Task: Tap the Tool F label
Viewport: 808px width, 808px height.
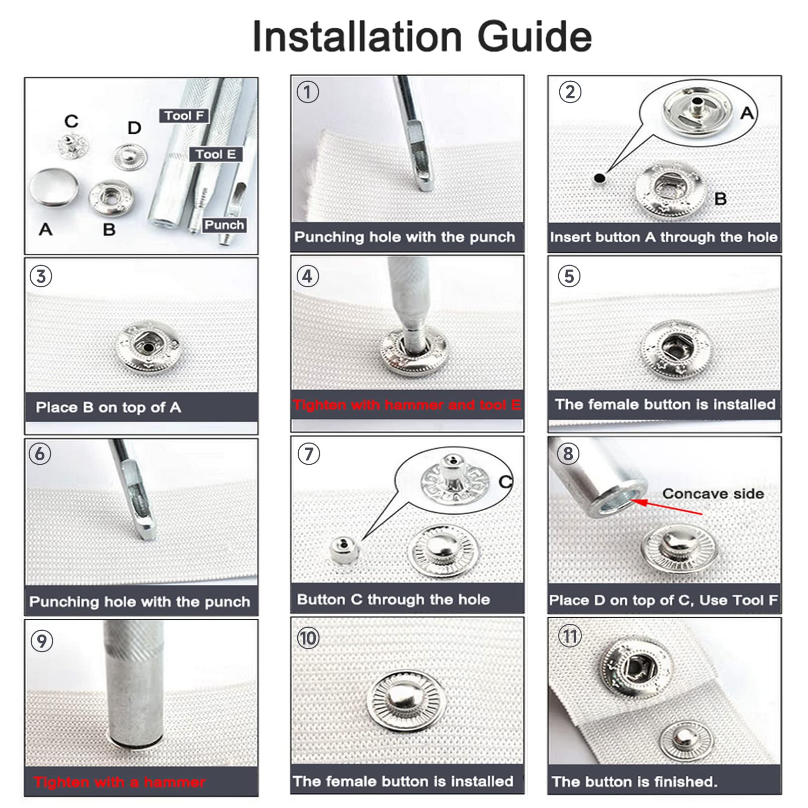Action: click(x=184, y=116)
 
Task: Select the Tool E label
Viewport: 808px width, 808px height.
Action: click(x=216, y=154)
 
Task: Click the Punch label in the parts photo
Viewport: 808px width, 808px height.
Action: click(x=224, y=225)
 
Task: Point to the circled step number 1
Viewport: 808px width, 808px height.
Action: click(x=308, y=92)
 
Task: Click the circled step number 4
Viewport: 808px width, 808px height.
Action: click(x=307, y=276)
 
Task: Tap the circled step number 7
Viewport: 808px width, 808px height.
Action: click(x=309, y=454)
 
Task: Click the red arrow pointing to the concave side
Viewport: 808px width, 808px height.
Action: click(x=666, y=508)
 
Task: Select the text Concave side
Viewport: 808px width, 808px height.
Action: click(x=713, y=494)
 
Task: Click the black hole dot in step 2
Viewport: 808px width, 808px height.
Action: click(x=600, y=178)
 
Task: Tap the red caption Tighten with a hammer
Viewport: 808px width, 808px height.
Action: click(x=120, y=782)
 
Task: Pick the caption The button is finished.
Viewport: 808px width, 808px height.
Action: click(x=634, y=782)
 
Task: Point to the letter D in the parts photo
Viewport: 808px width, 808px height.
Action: click(x=134, y=128)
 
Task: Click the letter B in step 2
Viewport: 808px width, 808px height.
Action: click(x=721, y=199)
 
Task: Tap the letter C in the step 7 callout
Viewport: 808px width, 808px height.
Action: click(x=506, y=482)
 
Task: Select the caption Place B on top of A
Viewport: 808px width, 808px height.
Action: click(x=109, y=407)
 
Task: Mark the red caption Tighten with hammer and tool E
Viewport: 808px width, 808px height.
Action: click(x=407, y=405)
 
